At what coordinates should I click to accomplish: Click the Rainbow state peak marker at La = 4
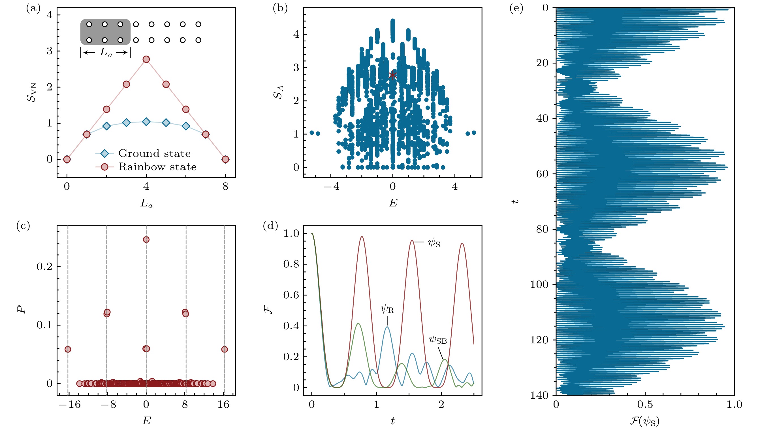[x=146, y=59]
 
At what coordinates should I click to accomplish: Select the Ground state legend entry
[x=154, y=153]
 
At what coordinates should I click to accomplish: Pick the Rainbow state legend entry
[x=157, y=167]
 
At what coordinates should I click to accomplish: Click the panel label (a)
[x=33, y=9]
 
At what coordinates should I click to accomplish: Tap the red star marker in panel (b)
[x=392, y=75]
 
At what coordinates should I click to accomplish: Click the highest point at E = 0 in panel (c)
[x=146, y=240]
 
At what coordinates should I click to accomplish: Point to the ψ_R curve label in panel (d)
[x=387, y=309]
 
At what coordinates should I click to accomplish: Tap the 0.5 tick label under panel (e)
[x=645, y=404]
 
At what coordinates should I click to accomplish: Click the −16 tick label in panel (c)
[x=70, y=405]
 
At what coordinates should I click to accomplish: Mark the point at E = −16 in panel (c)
[x=68, y=349]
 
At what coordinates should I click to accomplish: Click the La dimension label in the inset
[x=106, y=53]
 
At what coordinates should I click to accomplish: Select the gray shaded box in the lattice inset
[x=105, y=32]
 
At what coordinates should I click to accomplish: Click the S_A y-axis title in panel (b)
[x=278, y=92]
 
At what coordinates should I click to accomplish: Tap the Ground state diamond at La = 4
[x=146, y=121]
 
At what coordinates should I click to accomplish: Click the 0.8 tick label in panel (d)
[x=291, y=264]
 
